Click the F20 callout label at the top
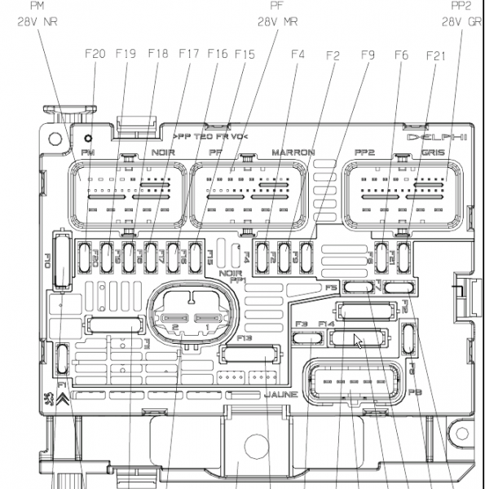coord(95,55)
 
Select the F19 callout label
coord(126,55)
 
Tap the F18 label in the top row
coord(157,55)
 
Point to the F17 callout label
coord(188,55)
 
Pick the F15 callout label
coord(245,55)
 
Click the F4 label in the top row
coord(298,55)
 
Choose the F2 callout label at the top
coord(332,55)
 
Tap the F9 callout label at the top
coord(367,55)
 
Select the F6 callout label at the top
coord(400,55)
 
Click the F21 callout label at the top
coord(436,55)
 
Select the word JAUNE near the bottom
coord(280,394)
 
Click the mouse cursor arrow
coord(359,341)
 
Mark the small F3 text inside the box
coord(300,324)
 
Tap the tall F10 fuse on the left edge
coord(59,261)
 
